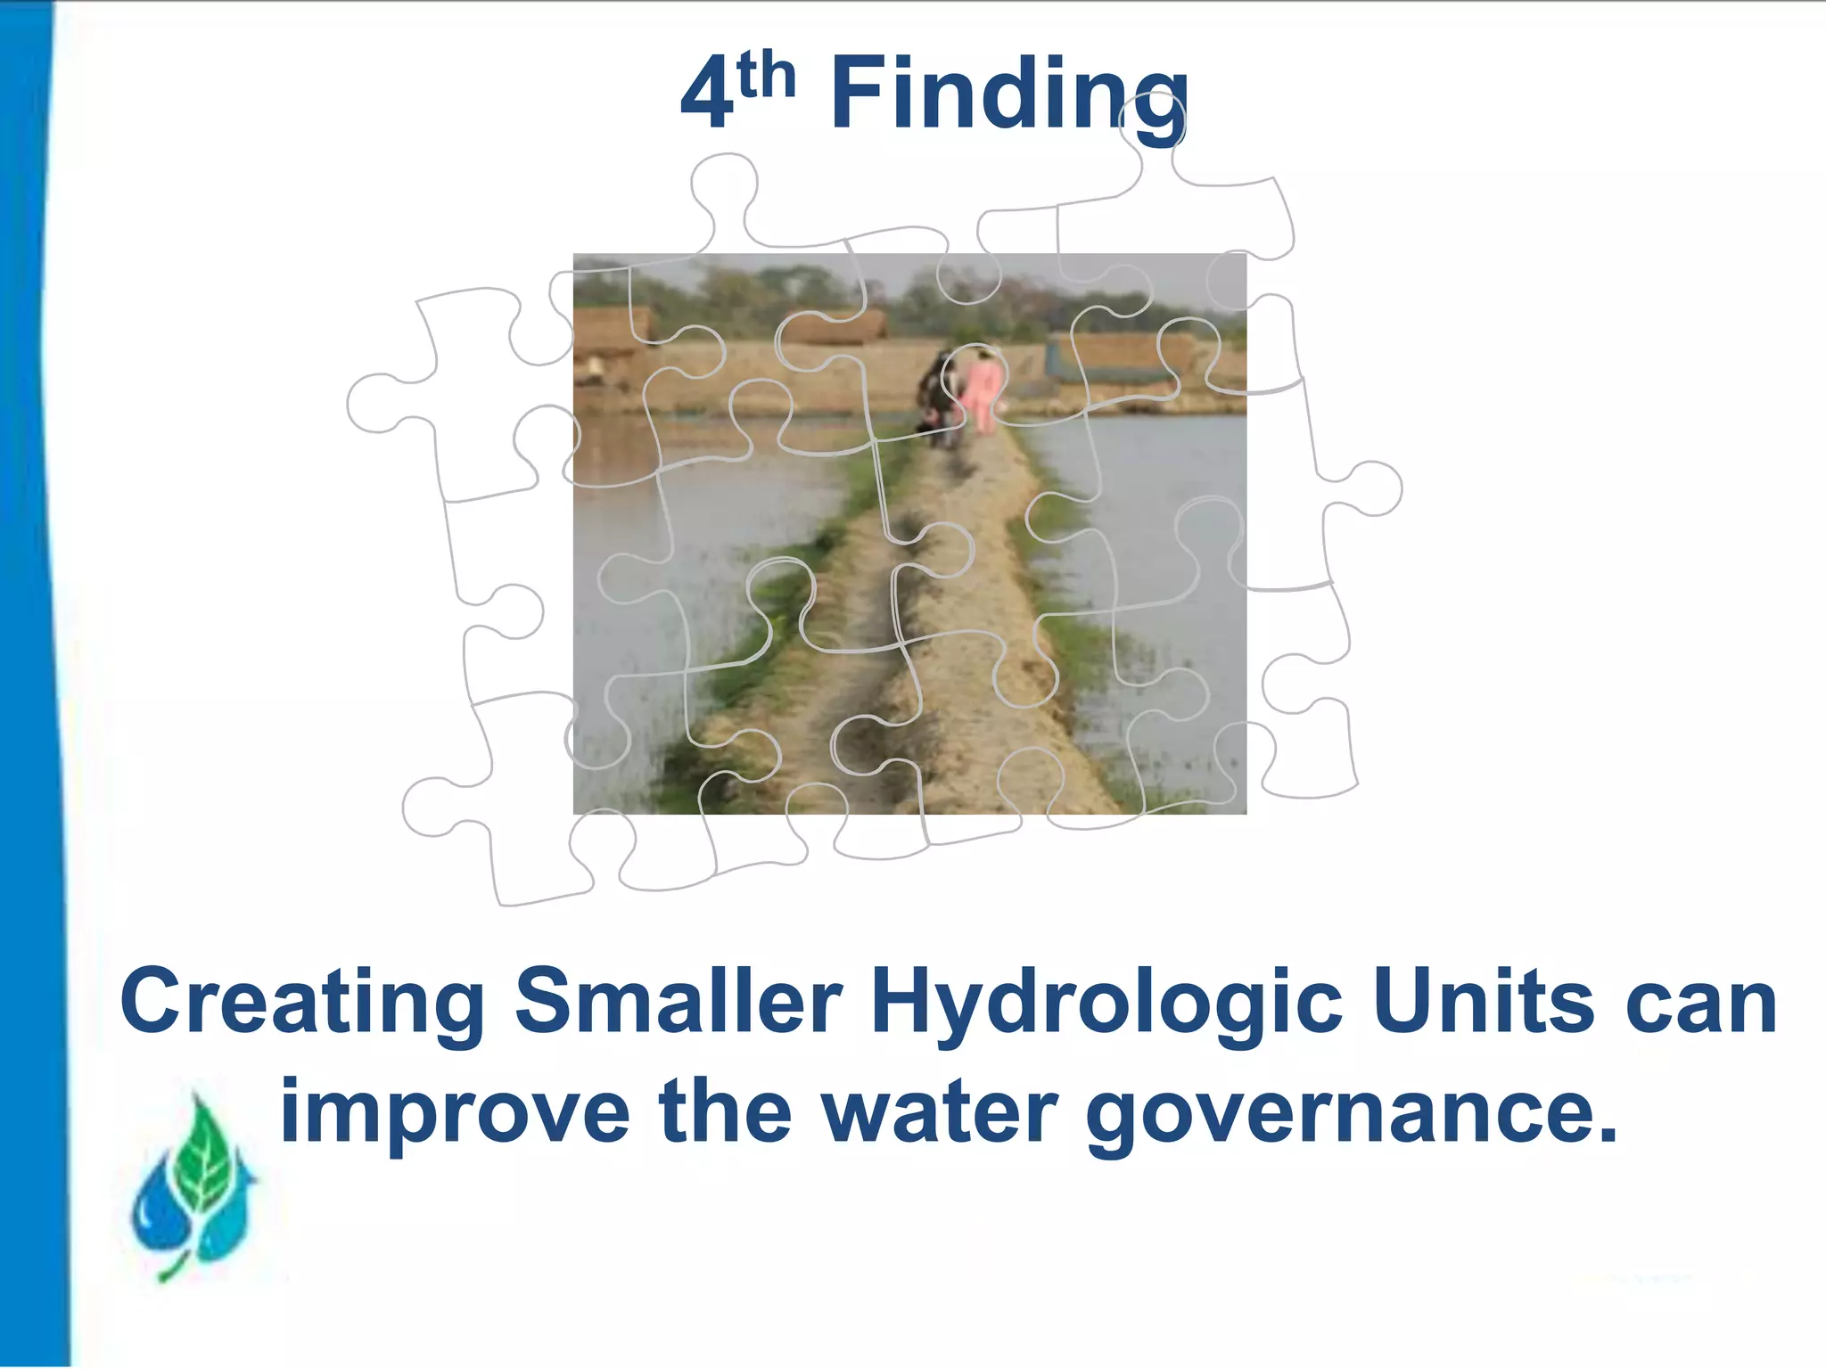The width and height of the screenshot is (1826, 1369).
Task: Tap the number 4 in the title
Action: tap(706, 96)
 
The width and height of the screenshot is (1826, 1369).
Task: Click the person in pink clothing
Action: tap(983, 390)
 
